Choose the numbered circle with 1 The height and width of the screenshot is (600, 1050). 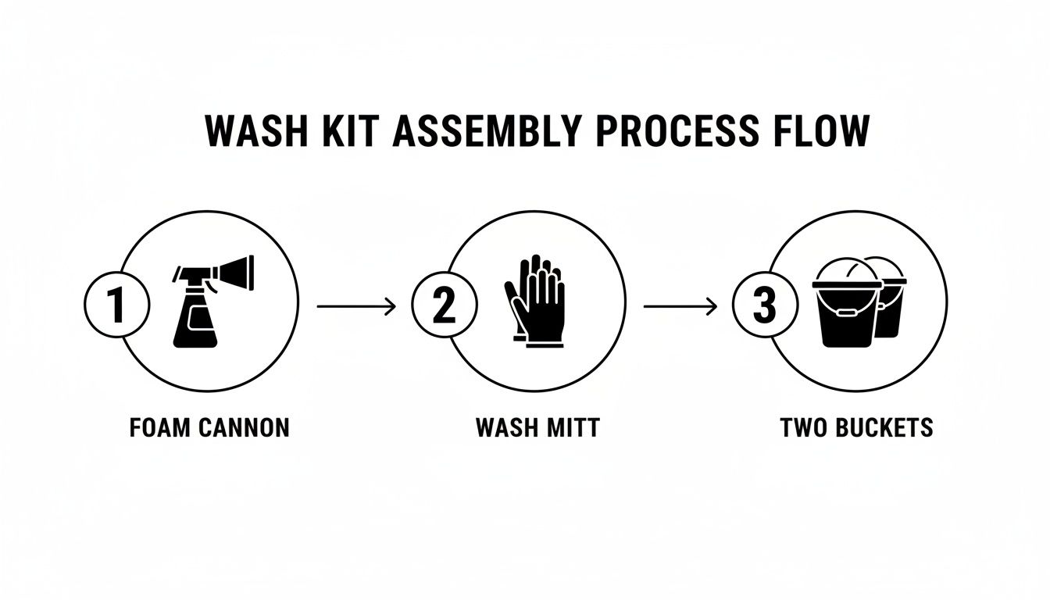coord(116,305)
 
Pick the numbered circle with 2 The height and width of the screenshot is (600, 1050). coord(443,305)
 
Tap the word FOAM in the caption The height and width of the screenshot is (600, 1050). coord(155,428)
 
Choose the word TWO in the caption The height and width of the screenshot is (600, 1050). coord(805,428)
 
